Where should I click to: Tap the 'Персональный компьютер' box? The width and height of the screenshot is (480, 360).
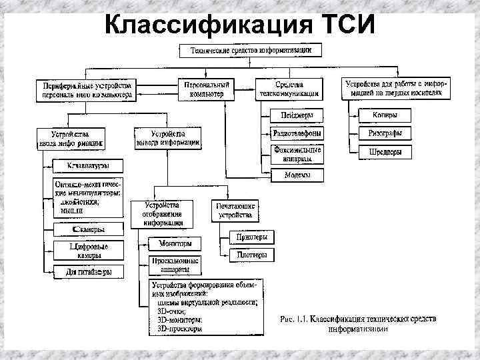(206, 89)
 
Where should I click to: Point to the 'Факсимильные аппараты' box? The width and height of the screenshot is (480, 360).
(297, 155)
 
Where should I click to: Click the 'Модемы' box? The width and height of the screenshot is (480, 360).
(297, 175)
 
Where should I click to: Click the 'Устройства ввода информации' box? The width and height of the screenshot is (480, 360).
(69, 137)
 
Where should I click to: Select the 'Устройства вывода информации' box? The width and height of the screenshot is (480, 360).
(167, 137)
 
